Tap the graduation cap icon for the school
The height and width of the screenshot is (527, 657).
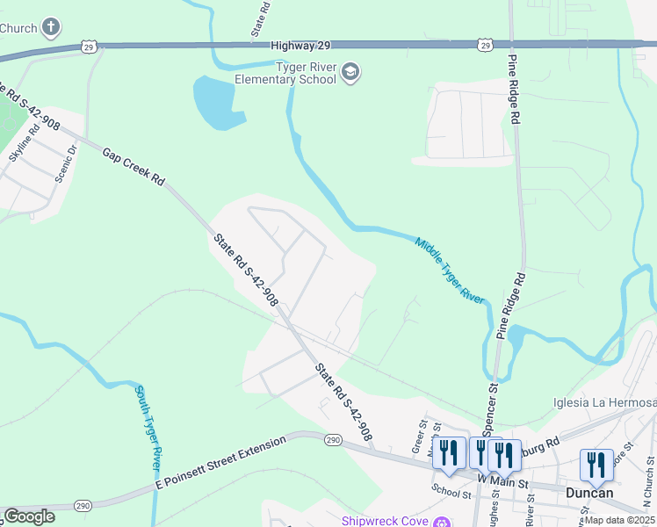coord(350,72)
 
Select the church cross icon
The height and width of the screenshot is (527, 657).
coord(52,27)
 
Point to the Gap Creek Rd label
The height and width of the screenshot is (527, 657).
coord(134,166)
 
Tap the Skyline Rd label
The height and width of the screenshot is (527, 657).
coord(24,142)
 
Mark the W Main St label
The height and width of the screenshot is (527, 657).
coord(502,481)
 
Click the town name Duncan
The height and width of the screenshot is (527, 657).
coord(589,493)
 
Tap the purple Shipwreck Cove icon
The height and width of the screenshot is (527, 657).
coord(443,521)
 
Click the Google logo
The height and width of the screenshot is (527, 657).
coord(29,516)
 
